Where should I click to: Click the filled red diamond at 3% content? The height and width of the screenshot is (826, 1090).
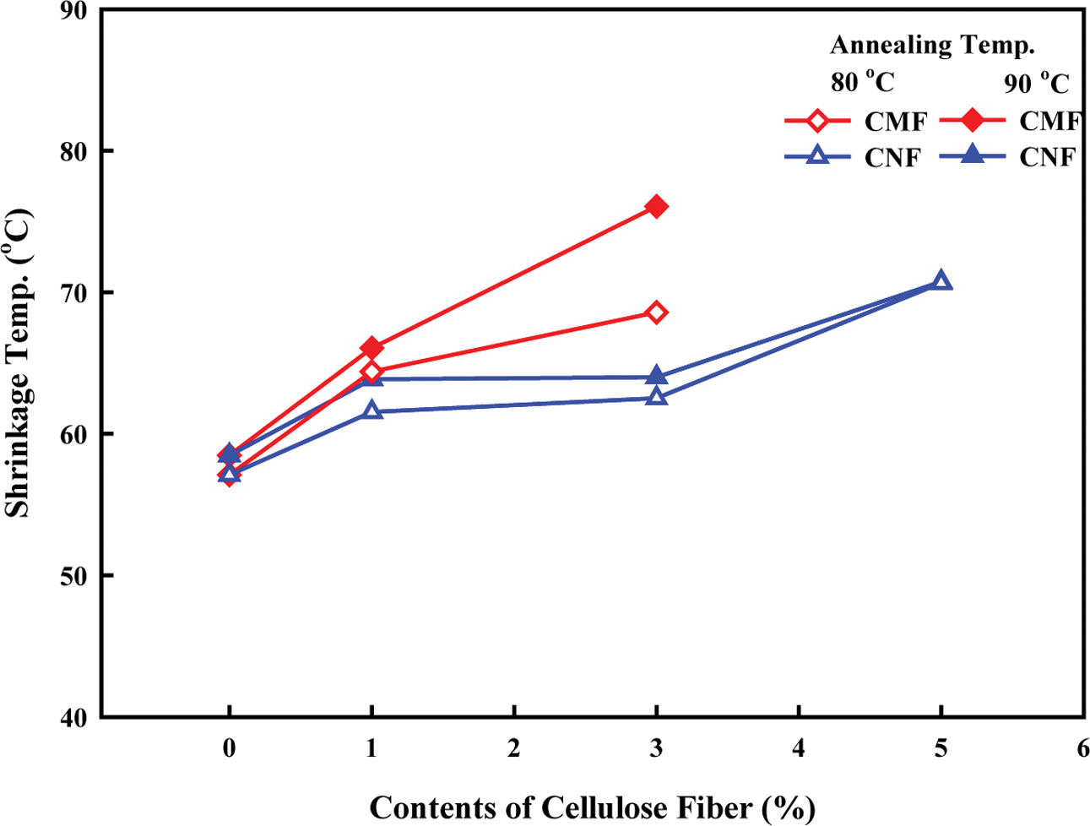656,207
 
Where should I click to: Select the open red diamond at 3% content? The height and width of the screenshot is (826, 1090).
656,312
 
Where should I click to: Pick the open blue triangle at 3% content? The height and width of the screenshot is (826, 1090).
656,397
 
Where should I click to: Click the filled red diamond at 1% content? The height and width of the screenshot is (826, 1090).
371,348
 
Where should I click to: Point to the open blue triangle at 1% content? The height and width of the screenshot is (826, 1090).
371,411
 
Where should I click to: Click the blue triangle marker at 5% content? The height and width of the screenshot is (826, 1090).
941,281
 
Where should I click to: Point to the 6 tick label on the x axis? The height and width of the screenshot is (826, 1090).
1082,749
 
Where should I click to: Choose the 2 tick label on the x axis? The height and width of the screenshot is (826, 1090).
513,749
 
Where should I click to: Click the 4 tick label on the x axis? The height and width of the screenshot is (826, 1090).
798,749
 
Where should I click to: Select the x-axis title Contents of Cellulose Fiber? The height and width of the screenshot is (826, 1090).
592,807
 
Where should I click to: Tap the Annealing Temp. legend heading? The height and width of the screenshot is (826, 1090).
932,46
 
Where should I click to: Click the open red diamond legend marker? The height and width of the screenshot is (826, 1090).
816,122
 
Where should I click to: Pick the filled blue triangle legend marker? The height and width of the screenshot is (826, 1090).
973,155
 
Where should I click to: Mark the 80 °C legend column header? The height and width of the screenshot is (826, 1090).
861,82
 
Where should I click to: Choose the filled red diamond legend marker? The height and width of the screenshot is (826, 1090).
973,121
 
